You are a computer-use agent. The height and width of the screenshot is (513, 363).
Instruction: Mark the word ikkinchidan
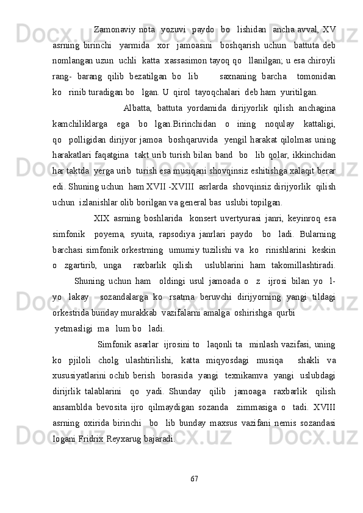coord(313,156)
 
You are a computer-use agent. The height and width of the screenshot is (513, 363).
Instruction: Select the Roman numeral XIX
coord(101,219)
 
